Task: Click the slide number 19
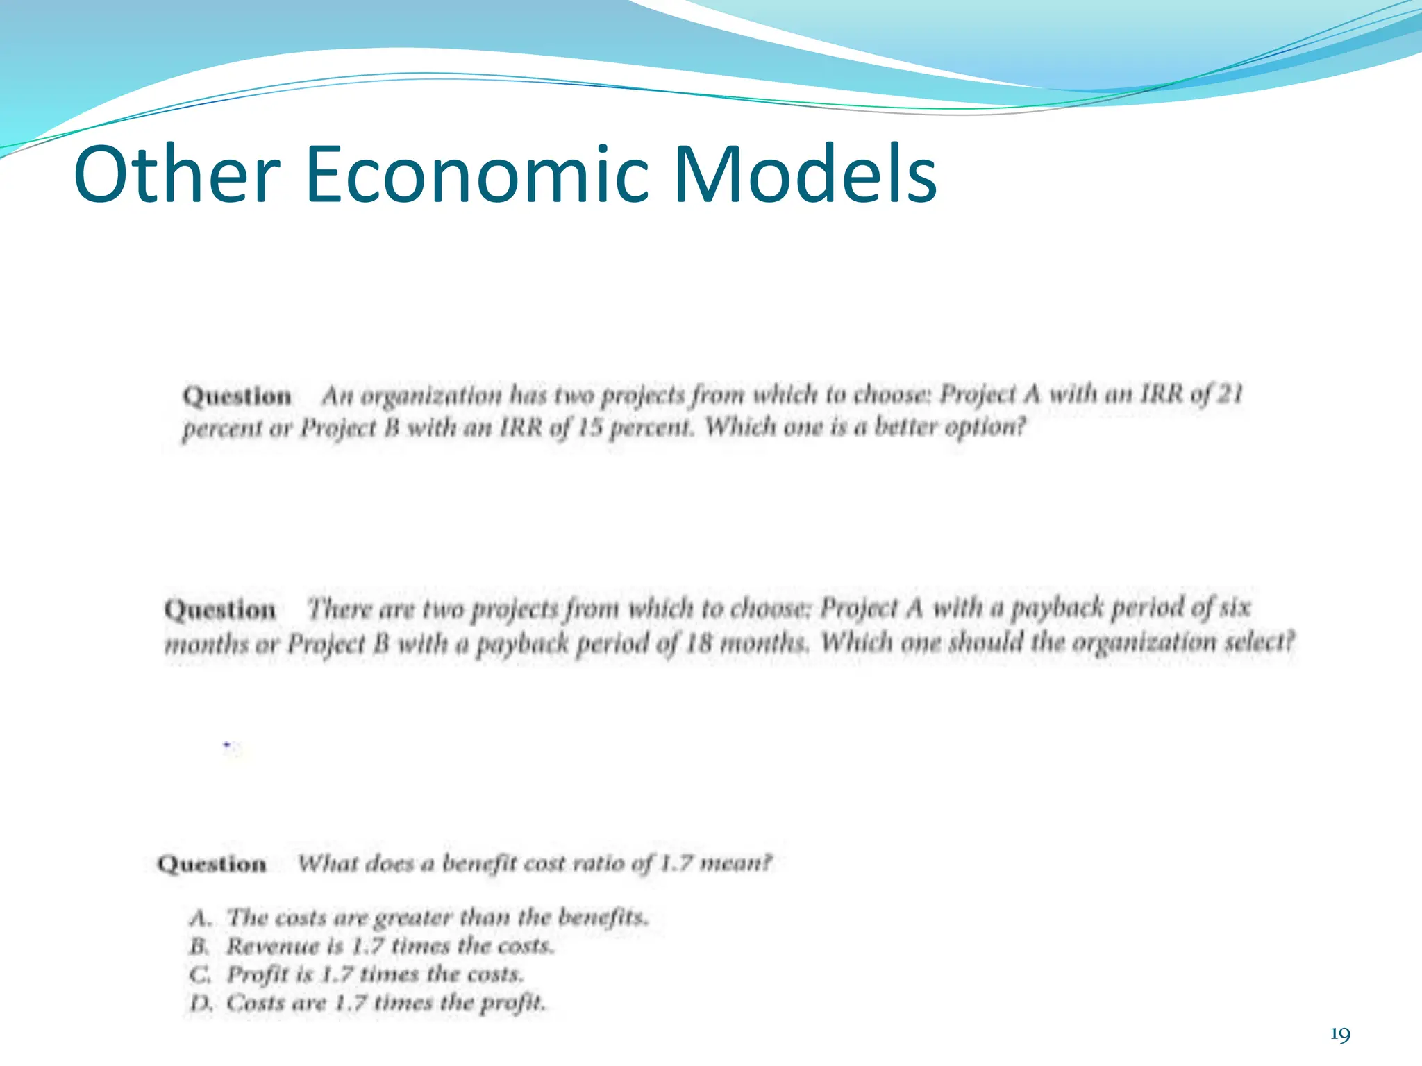click(1339, 1035)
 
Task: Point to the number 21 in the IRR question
click(1230, 394)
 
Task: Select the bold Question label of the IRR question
click(237, 396)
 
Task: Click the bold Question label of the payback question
click(219, 610)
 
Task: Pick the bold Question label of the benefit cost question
click(212, 864)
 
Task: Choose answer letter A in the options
click(199, 918)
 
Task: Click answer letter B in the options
click(199, 947)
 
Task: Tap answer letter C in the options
click(199, 975)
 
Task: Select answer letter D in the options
click(200, 1004)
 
